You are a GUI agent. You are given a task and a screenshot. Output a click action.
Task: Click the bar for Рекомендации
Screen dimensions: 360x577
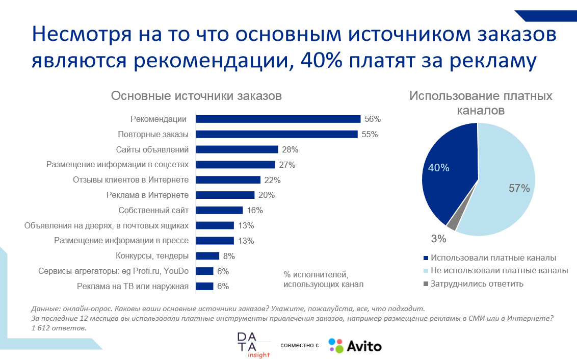tap(278, 119)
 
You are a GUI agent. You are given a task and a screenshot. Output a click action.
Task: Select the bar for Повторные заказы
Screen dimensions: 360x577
tap(277, 135)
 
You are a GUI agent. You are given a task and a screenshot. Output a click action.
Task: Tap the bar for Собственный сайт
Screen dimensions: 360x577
tap(219, 210)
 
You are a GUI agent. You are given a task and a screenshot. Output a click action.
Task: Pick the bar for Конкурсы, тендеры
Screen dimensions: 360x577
tap(207, 256)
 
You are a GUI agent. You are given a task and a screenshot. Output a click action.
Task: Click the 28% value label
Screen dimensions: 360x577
tap(290, 150)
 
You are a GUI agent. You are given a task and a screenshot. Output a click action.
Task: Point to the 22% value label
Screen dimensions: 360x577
tap(272, 180)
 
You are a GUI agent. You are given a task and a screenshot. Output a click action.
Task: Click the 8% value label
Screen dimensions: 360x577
tap(229, 256)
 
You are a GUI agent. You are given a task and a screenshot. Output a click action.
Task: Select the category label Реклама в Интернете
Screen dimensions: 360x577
tap(147, 195)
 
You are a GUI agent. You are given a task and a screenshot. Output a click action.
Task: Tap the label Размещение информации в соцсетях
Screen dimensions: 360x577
tap(117, 165)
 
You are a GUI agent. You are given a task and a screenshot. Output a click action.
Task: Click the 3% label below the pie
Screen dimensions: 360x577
tap(438, 239)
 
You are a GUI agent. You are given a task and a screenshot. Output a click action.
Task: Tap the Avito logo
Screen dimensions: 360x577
tap(355, 346)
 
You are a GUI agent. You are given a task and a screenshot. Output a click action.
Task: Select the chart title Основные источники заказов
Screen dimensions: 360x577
tap(196, 96)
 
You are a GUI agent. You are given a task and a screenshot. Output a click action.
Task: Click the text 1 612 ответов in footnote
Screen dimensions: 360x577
tap(59, 328)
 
